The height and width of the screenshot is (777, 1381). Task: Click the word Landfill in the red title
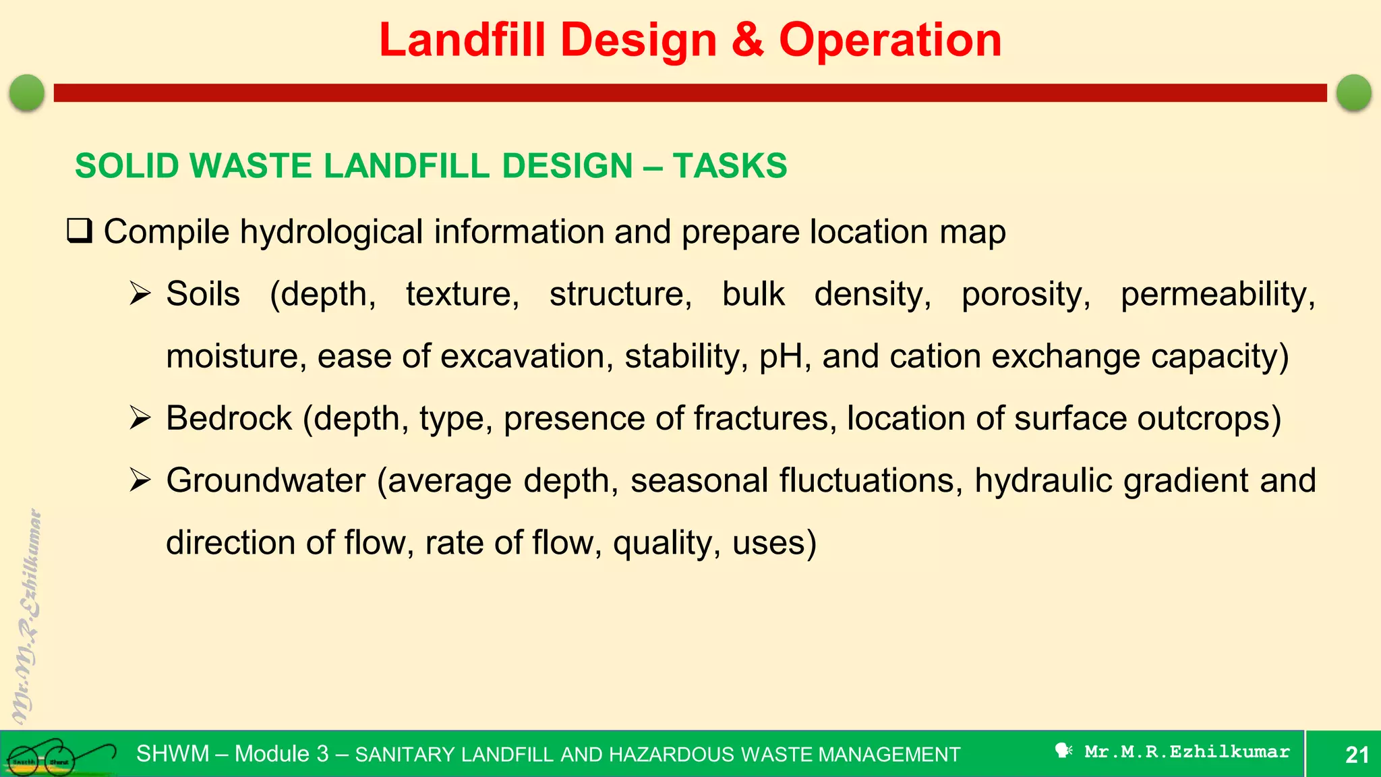pos(462,40)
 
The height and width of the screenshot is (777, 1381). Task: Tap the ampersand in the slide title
pos(747,40)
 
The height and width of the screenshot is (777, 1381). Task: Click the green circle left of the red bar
pos(27,92)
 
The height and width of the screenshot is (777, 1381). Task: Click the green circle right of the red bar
pos(1353,92)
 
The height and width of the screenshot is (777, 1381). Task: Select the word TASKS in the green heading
pos(730,166)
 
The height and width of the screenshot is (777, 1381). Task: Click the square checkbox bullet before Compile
pos(80,231)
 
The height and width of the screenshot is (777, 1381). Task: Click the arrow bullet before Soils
pos(140,294)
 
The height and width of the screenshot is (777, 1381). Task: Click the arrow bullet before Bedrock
pos(140,418)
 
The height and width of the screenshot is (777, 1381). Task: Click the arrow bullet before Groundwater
pos(140,480)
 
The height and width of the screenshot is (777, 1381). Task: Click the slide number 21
pos(1357,755)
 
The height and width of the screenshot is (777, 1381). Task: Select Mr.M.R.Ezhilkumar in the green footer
pos(1187,752)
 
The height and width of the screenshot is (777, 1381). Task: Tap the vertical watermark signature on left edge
pos(27,617)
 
